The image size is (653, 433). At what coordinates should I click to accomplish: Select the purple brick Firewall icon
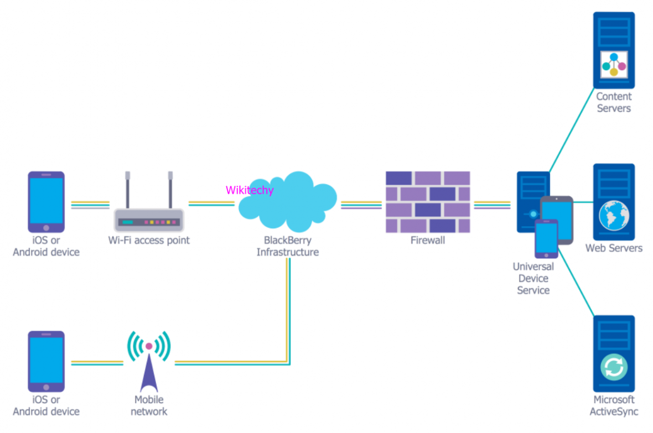click(428, 202)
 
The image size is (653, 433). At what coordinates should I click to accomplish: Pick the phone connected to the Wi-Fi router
click(46, 202)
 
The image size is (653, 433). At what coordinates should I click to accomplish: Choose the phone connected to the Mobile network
click(46, 361)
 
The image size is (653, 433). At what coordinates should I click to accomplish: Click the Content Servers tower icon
click(614, 50)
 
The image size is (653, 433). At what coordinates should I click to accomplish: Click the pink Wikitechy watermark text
click(250, 190)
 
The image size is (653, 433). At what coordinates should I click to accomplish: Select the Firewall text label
click(428, 241)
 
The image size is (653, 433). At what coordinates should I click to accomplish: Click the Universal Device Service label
click(533, 278)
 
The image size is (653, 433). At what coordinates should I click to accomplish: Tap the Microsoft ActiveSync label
click(614, 405)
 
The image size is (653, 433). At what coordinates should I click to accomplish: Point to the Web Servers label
click(614, 248)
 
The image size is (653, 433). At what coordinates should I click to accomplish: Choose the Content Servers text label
click(614, 102)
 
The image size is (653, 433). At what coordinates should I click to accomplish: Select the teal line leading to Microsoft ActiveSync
click(576, 282)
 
